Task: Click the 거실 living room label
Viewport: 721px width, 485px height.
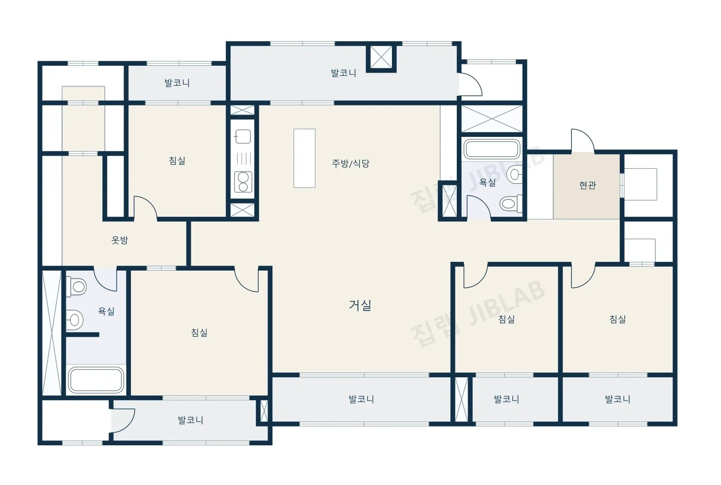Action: click(x=360, y=305)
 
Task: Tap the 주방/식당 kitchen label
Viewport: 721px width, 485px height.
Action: click(x=350, y=163)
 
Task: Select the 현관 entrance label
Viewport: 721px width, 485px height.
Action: click(x=587, y=185)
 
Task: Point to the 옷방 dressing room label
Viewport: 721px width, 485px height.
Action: click(x=120, y=240)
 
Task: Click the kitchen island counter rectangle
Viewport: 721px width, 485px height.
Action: click(x=304, y=158)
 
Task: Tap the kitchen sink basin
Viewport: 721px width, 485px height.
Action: click(x=243, y=136)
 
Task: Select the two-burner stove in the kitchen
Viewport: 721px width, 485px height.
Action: click(x=243, y=182)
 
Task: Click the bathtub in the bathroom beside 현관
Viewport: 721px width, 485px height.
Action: click(x=491, y=149)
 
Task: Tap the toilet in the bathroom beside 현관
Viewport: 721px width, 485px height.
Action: click(x=511, y=203)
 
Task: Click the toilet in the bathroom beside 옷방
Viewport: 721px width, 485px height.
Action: click(x=76, y=287)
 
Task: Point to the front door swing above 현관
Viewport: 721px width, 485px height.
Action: click(x=583, y=141)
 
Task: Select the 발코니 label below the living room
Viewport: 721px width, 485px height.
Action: click(x=361, y=399)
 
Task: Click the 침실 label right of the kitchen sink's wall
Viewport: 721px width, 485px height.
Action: click(x=177, y=161)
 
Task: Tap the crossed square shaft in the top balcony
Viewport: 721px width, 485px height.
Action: click(x=381, y=57)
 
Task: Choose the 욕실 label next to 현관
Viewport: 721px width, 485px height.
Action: click(x=487, y=183)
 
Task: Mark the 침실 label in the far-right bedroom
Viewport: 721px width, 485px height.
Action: click(x=618, y=319)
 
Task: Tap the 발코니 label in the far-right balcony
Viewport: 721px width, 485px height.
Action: click(x=617, y=399)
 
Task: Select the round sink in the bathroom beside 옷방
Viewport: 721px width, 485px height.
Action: click(x=75, y=320)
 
